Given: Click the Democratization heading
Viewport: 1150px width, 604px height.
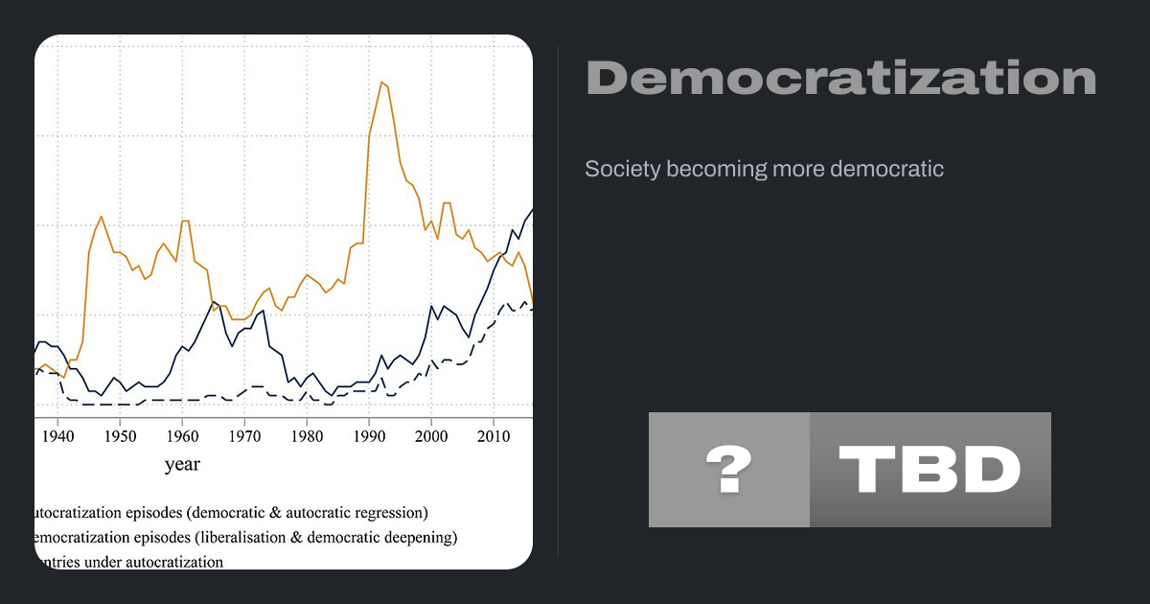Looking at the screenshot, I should (x=840, y=79).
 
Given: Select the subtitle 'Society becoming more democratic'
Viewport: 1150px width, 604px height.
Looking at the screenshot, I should (x=764, y=170).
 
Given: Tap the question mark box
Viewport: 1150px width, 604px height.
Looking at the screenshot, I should (x=728, y=470).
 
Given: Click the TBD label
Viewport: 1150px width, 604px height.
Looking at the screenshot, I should (x=930, y=470).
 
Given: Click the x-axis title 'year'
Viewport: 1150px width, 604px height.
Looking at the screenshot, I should (x=182, y=465).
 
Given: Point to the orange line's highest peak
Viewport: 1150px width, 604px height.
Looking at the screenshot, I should (x=381, y=82).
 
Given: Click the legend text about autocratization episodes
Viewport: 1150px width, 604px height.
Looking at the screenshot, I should (x=230, y=513).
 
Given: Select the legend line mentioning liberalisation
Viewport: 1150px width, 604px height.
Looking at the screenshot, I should (x=244, y=537).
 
